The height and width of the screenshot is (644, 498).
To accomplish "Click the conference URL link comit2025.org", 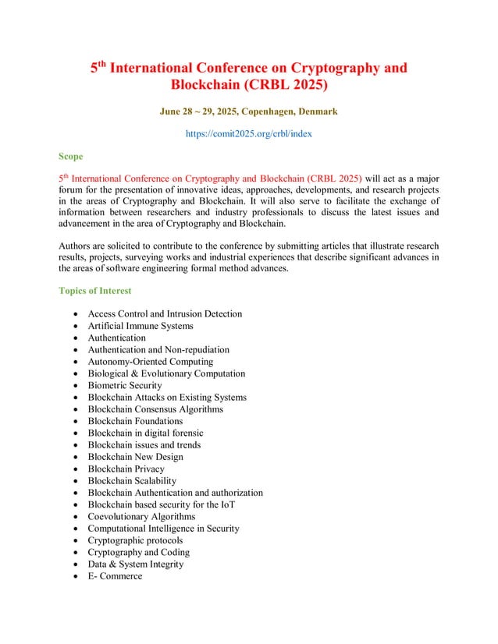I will (x=248, y=134).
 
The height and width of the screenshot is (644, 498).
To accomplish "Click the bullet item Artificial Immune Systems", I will (x=141, y=326).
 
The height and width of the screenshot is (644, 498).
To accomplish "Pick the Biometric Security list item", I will (x=125, y=385).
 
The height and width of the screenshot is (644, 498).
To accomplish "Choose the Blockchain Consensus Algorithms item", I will (x=155, y=409).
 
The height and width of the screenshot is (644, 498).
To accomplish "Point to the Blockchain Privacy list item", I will (x=126, y=469).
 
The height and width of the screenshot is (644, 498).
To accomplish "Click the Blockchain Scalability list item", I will (x=132, y=481).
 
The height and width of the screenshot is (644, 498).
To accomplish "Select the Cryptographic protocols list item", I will (x=135, y=540).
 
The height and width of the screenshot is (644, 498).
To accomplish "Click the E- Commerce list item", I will (x=115, y=576).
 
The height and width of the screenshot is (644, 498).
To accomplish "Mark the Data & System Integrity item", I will (x=136, y=564).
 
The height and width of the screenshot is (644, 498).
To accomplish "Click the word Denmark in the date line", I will (x=318, y=111).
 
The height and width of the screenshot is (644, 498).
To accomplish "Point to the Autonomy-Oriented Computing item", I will (x=151, y=362).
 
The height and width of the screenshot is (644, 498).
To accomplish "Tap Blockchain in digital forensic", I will (x=145, y=433).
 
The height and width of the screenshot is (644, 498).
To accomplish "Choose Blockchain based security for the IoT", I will (x=162, y=504).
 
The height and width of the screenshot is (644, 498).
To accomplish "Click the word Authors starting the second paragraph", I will (x=76, y=246).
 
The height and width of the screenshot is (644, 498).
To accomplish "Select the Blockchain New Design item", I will (x=136, y=457).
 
